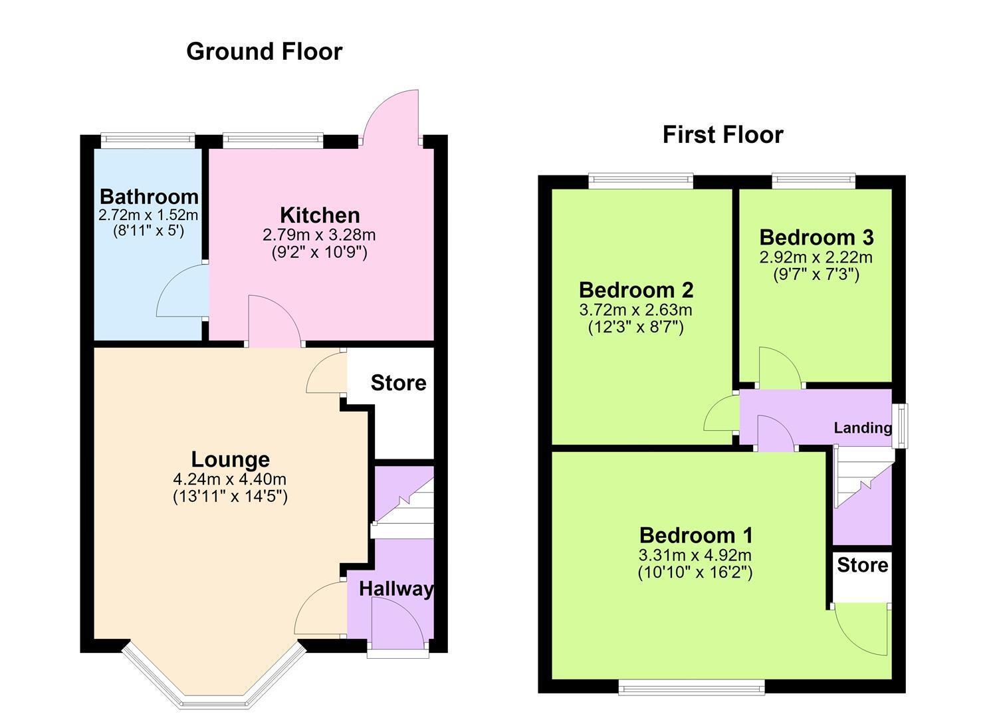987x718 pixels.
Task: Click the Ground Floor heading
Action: (x=265, y=52)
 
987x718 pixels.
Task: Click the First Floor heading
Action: (x=723, y=134)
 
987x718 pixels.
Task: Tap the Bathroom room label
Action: (x=149, y=197)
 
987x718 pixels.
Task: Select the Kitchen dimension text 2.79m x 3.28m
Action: (x=319, y=235)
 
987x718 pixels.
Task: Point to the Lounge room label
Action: (x=231, y=459)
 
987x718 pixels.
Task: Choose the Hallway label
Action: (x=396, y=589)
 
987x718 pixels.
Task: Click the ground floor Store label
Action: (x=398, y=382)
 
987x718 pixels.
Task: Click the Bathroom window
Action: (x=148, y=140)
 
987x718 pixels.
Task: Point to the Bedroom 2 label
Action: (x=636, y=290)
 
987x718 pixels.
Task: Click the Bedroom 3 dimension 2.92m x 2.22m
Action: (x=816, y=257)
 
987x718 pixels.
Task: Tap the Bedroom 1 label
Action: (x=696, y=536)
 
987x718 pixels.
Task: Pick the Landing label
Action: (x=863, y=427)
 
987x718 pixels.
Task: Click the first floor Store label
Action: (x=862, y=564)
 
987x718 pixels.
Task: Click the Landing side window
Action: (x=900, y=425)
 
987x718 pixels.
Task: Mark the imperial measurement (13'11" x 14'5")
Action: (x=230, y=497)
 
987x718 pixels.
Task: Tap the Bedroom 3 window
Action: (x=814, y=180)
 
